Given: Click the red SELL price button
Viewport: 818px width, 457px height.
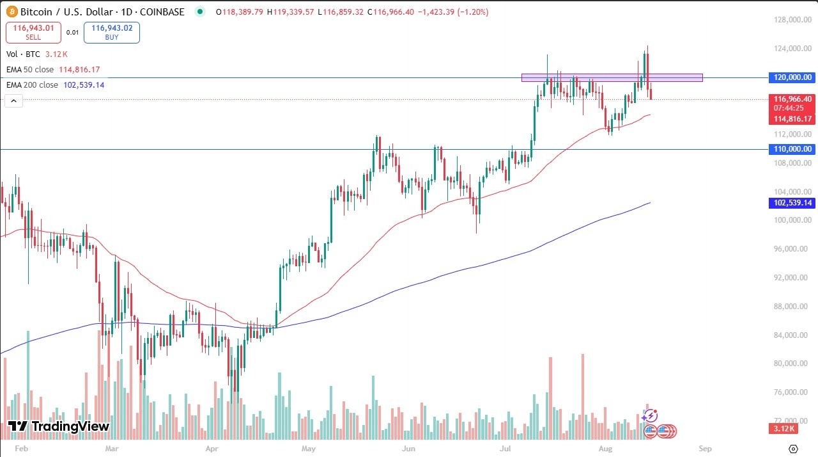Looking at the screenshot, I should pyautogui.click(x=34, y=33).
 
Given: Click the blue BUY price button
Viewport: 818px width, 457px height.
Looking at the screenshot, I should pyautogui.click(x=111, y=33).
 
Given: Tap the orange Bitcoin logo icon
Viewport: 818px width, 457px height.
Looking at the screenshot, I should pyautogui.click(x=11, y=12).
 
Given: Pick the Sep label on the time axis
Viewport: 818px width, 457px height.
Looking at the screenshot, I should pyautogui.click(x=704, y=448).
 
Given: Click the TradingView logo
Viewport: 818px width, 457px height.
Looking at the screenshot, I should pyautogui.click(x=59, y=426).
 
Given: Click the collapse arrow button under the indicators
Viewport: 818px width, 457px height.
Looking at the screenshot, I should pyautogui.click(x=14, y=100).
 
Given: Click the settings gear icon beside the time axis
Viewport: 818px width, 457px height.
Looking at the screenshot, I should pyautogui.click(x=793, y=448).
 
